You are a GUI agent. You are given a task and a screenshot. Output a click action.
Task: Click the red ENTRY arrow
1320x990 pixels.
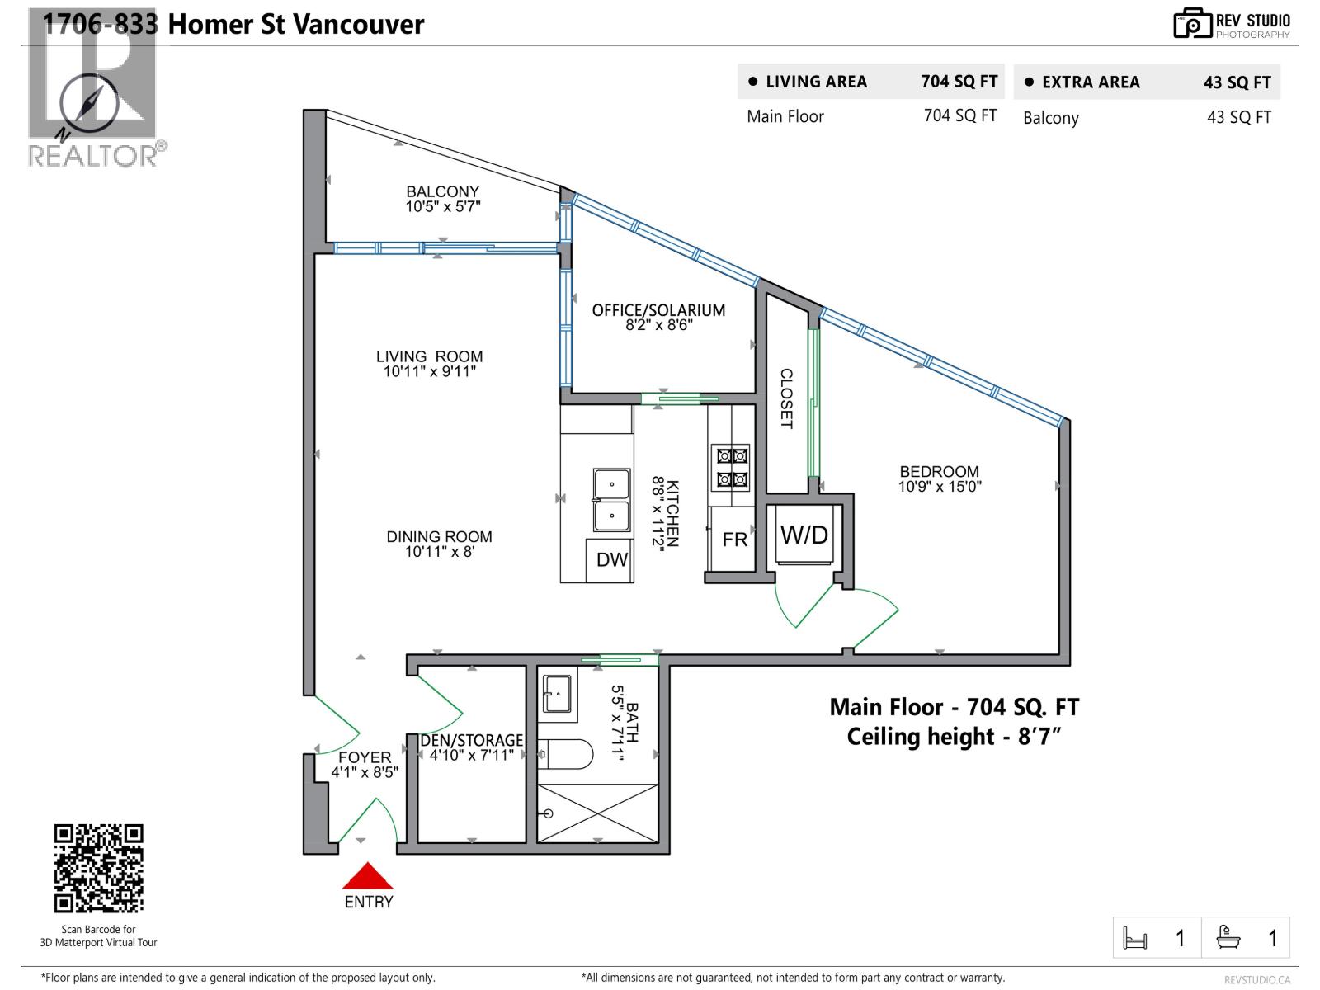[x=368, y=875]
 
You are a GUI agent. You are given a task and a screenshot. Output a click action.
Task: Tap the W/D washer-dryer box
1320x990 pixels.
[x=804, y=535]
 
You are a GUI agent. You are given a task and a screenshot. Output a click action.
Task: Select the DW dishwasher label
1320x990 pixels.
[x=612, y=560]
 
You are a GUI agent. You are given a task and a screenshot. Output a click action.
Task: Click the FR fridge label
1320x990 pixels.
[x=734, y=540]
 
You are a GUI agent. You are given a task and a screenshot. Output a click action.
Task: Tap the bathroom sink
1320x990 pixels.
[x=558, y=694]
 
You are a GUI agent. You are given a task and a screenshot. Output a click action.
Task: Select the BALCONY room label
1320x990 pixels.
[x=442, y=191]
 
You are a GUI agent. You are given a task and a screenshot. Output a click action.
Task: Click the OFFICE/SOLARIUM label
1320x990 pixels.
[x=658, y=310]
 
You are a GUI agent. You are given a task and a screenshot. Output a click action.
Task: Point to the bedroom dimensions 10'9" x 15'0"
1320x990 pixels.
[x=939, y=487]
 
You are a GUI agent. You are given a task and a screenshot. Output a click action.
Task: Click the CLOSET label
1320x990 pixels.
[x=786, y=398]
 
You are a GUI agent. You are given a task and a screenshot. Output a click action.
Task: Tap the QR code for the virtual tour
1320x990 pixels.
[x=99, y=868]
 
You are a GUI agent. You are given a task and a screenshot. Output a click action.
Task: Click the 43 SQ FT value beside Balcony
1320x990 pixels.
[x=1238, y=118]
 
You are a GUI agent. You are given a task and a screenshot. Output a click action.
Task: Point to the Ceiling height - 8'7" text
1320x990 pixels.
[x=953, y=736]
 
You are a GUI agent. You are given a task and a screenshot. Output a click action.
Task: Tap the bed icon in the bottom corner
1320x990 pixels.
[x=1135, y=938]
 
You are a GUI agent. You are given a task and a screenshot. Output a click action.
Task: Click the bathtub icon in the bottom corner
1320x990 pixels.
[x=1228, y=937]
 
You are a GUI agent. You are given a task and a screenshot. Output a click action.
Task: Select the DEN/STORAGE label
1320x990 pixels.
[x=472, y=740]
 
